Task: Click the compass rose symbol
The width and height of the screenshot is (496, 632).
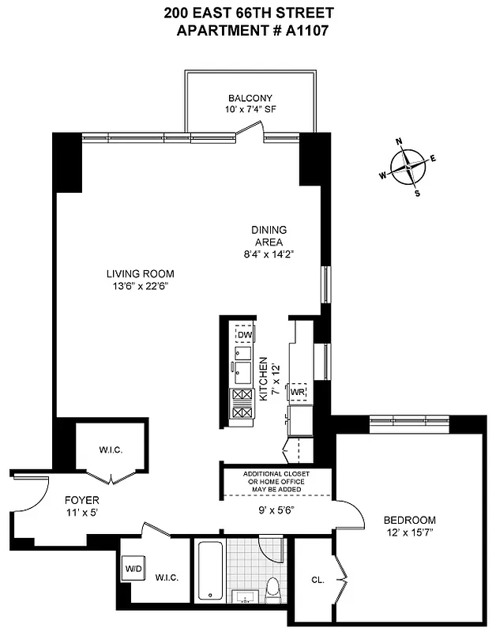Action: pyautogui.click(x=409, y=167)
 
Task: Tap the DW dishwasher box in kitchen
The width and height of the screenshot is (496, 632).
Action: pyautogui.click(x=245, y=335)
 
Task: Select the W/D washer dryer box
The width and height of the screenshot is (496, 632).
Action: pyautogui.click(x=132, y=568)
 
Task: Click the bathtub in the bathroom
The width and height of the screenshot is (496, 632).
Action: pyautogui.click(x=210, y=570)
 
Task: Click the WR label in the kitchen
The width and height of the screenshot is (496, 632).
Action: pyautogui.click(x=297, y=392)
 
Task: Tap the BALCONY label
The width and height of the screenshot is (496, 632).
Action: pyautogui.click(x=250, y=99)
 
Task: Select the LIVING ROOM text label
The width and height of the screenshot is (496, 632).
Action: pyautogui.click(x=141, y=274)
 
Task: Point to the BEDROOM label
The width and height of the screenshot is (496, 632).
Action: pyautogui.click(x=409, y=520)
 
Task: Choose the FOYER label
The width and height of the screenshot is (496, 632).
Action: pyautogui.click(x=82, y=500)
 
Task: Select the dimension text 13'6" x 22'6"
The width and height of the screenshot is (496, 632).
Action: pyautogui.click(x=141, y=286)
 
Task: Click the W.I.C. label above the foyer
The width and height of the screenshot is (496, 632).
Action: pyautogui.click(x=110, y=450)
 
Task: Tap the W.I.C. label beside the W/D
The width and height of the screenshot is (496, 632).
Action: pyautogui.click(x=167, y=577)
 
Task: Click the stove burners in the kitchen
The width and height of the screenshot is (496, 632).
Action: pyautogui.click(x=242, y=404)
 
